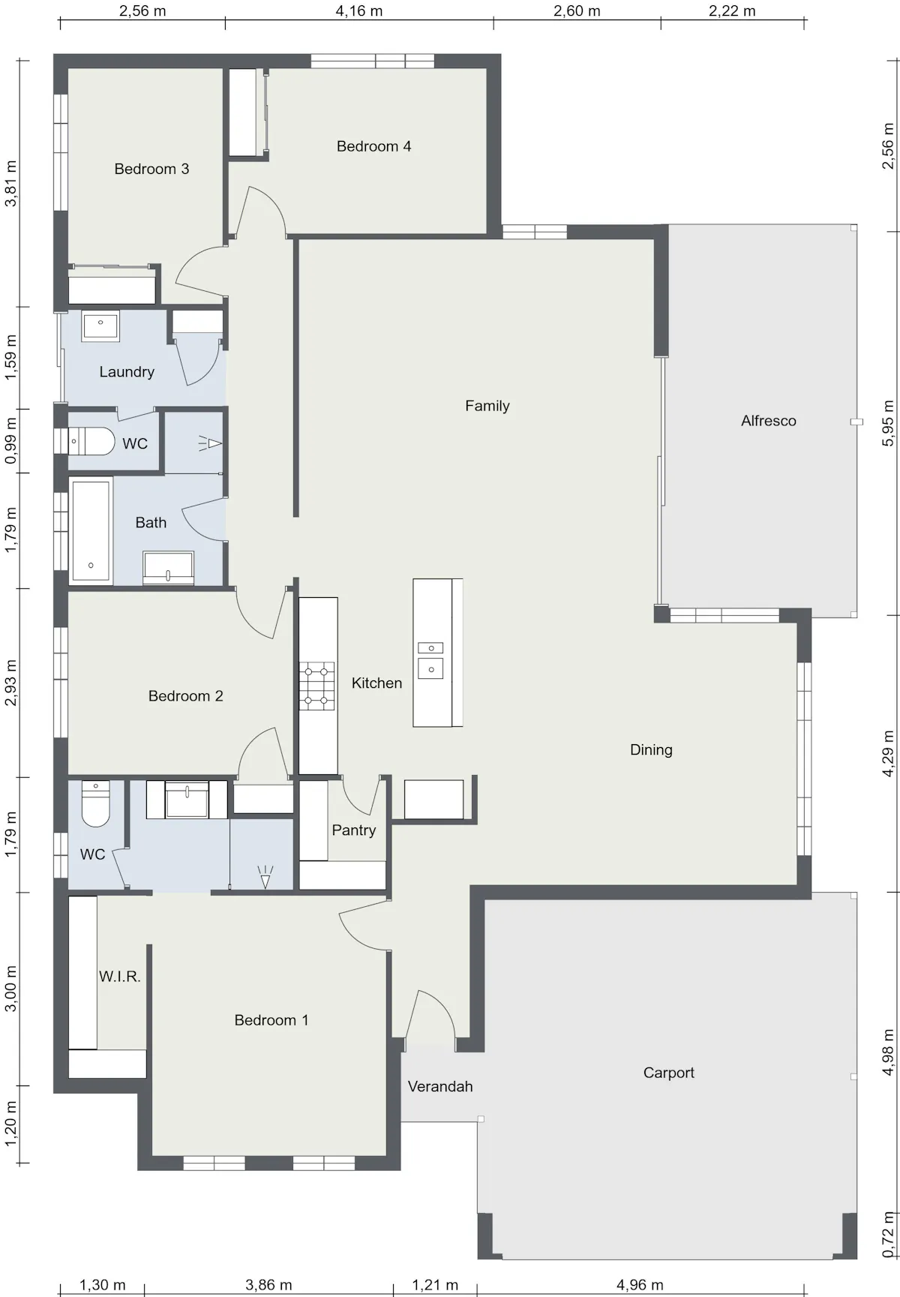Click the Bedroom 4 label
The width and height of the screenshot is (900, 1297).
pos(373,146)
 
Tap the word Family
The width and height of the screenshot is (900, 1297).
pos(487,406)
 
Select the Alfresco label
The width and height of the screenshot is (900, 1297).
pos(769,421)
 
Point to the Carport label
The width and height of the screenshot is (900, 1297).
pos(669,1073)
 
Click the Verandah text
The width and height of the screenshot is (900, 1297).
pos(440,1086)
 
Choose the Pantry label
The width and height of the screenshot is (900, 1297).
pos(354,830)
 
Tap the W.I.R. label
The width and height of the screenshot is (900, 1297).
pos(120,977)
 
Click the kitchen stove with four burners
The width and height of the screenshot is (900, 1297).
pos(317,686)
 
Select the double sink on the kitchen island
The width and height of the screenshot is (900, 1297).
pos(430,660)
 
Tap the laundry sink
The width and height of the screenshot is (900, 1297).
pos(100,326)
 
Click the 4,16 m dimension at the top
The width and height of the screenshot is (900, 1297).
pos(359,11)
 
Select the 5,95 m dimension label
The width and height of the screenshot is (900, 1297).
pos(889,423)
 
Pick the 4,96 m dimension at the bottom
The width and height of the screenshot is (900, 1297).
pos(640,1285)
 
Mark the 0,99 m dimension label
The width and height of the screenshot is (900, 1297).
pos(10,440)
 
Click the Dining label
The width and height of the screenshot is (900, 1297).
pos(651,749)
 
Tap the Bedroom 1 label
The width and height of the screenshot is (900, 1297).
pos(271,1020)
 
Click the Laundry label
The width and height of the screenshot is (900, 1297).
pos(127,372)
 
